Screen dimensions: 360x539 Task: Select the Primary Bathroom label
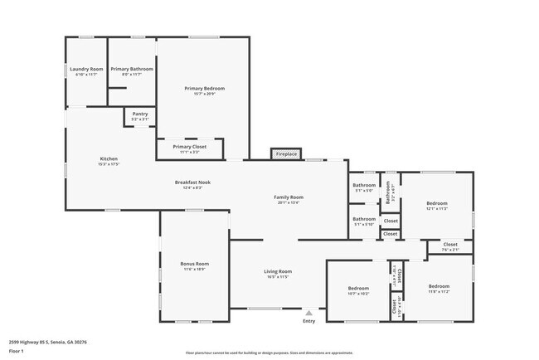131,69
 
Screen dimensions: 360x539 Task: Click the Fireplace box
287,154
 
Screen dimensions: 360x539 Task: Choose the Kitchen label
109,158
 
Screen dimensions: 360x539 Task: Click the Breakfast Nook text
192,182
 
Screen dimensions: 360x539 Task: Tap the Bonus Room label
195,264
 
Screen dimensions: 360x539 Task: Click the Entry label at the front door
308,321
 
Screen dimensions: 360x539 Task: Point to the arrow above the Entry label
308,313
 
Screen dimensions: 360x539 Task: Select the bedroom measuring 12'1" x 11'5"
437,203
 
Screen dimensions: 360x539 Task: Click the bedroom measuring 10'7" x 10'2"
359,288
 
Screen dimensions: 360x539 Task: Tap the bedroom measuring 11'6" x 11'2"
439,286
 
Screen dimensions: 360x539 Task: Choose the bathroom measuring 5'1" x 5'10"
364,219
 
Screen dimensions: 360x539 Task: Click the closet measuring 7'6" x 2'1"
449,245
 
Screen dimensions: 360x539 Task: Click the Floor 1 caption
17,351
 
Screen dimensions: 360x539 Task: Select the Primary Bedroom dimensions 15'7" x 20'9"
204,94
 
